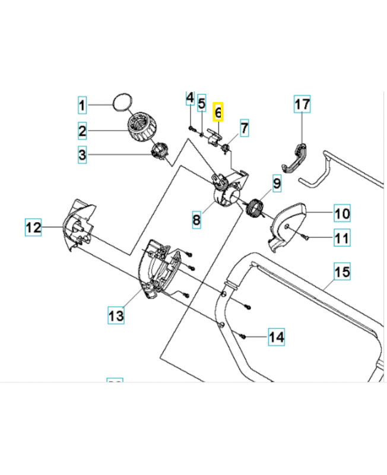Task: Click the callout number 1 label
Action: point(83,106)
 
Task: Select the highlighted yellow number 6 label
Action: point(218,111)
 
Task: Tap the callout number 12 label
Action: point(33,227)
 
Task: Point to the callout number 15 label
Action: point(342,273)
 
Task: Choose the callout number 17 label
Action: point(302,105)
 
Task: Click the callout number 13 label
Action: point(116,314)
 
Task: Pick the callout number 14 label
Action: point(276,337)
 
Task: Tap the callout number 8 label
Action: point(196,220)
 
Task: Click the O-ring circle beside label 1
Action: point(122,103)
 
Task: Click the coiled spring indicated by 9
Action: point(255,208)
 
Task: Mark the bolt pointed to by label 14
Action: point(244,336)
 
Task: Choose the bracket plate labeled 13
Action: point(160,267)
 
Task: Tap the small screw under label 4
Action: point(191,128)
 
